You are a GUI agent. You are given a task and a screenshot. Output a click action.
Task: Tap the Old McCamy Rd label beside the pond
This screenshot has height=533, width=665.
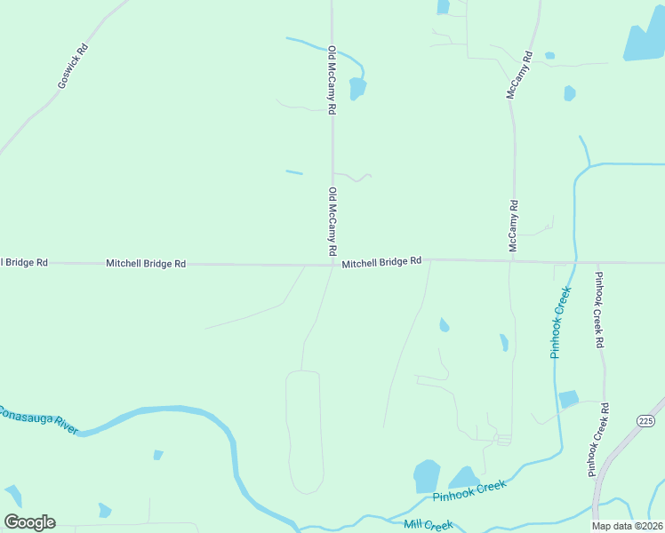(x=332, y=80)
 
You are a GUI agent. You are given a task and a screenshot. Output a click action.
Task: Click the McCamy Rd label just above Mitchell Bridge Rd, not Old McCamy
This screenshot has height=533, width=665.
(x=514, y=227)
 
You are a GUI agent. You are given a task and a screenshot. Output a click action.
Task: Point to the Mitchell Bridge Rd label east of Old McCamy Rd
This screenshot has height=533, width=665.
(x=381, y=263)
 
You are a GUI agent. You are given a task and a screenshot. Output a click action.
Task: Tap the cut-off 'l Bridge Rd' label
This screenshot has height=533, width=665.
(x=24, y=263)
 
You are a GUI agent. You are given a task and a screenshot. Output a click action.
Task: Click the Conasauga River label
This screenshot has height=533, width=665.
(x=39, y=419)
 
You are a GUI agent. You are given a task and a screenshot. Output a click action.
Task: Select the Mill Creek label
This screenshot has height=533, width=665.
(x=428, y=525)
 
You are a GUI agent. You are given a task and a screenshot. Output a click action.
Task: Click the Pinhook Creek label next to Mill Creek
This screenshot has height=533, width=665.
(x=469, y=490)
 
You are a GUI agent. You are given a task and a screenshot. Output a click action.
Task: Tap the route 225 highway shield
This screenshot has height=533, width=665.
(x=645, y=419)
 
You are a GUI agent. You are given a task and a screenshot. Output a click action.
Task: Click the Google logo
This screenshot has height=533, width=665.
(x=29, y=522)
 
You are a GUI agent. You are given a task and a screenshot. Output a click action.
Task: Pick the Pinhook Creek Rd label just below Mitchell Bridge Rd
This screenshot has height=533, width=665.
(x=600, y=310)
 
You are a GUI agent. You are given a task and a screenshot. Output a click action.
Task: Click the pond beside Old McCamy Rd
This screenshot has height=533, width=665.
(x=357, y=88)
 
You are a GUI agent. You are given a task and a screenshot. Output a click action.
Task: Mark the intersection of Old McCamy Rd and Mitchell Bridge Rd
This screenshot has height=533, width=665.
(x=333, y=264)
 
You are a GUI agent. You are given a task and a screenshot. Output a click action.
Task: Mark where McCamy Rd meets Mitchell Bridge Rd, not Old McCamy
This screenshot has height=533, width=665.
(x=513, y=261)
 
